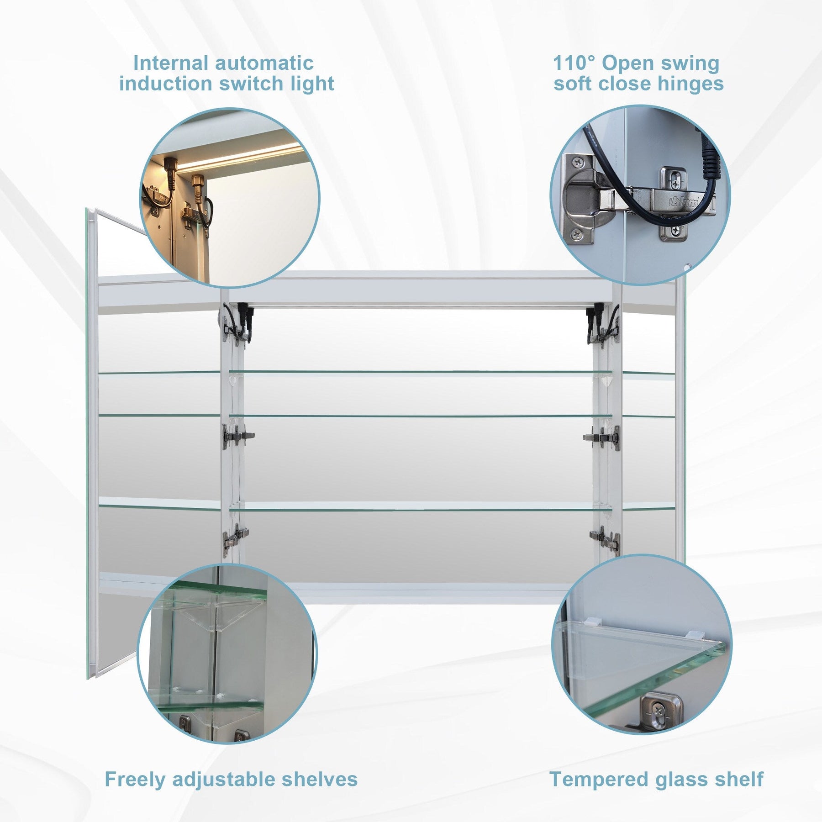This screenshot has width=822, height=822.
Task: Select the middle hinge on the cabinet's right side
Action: pos(602,438)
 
